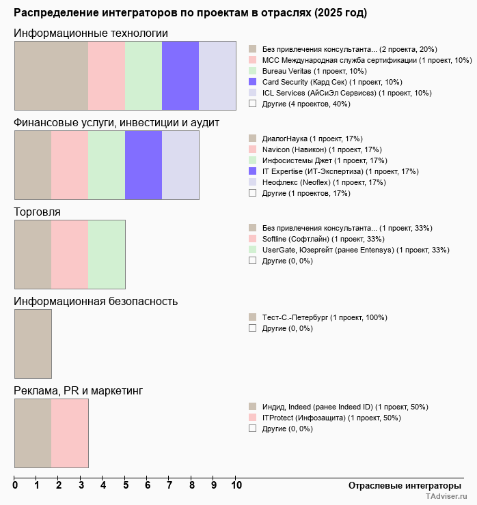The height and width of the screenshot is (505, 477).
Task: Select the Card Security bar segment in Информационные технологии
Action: click(180, 75)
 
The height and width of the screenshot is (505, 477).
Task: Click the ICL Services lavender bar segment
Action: click(217, 75)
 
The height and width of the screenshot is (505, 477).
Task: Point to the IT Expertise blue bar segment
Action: click(144, 164)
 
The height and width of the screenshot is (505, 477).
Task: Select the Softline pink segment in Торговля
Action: click(70, 255)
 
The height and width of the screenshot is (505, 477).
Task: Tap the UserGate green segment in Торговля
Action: click(107, 255)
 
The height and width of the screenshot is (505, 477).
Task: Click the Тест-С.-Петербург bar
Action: click(33, 343)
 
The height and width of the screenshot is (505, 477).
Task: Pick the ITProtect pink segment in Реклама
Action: click(70, 433)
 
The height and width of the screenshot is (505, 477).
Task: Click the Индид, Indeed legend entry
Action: click(344, 407)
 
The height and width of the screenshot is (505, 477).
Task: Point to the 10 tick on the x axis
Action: click(236, 485)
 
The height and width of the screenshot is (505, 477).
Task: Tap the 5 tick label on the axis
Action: click(125, 485)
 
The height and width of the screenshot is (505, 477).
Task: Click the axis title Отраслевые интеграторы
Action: click(400, 485)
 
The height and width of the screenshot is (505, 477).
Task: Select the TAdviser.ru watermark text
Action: click(447, 497)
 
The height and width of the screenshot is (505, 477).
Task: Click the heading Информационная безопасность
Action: click(96, 301)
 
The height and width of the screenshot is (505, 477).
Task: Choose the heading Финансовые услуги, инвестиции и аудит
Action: click(116, 122)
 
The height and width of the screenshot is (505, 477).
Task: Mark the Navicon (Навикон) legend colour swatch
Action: click(253, 149)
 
